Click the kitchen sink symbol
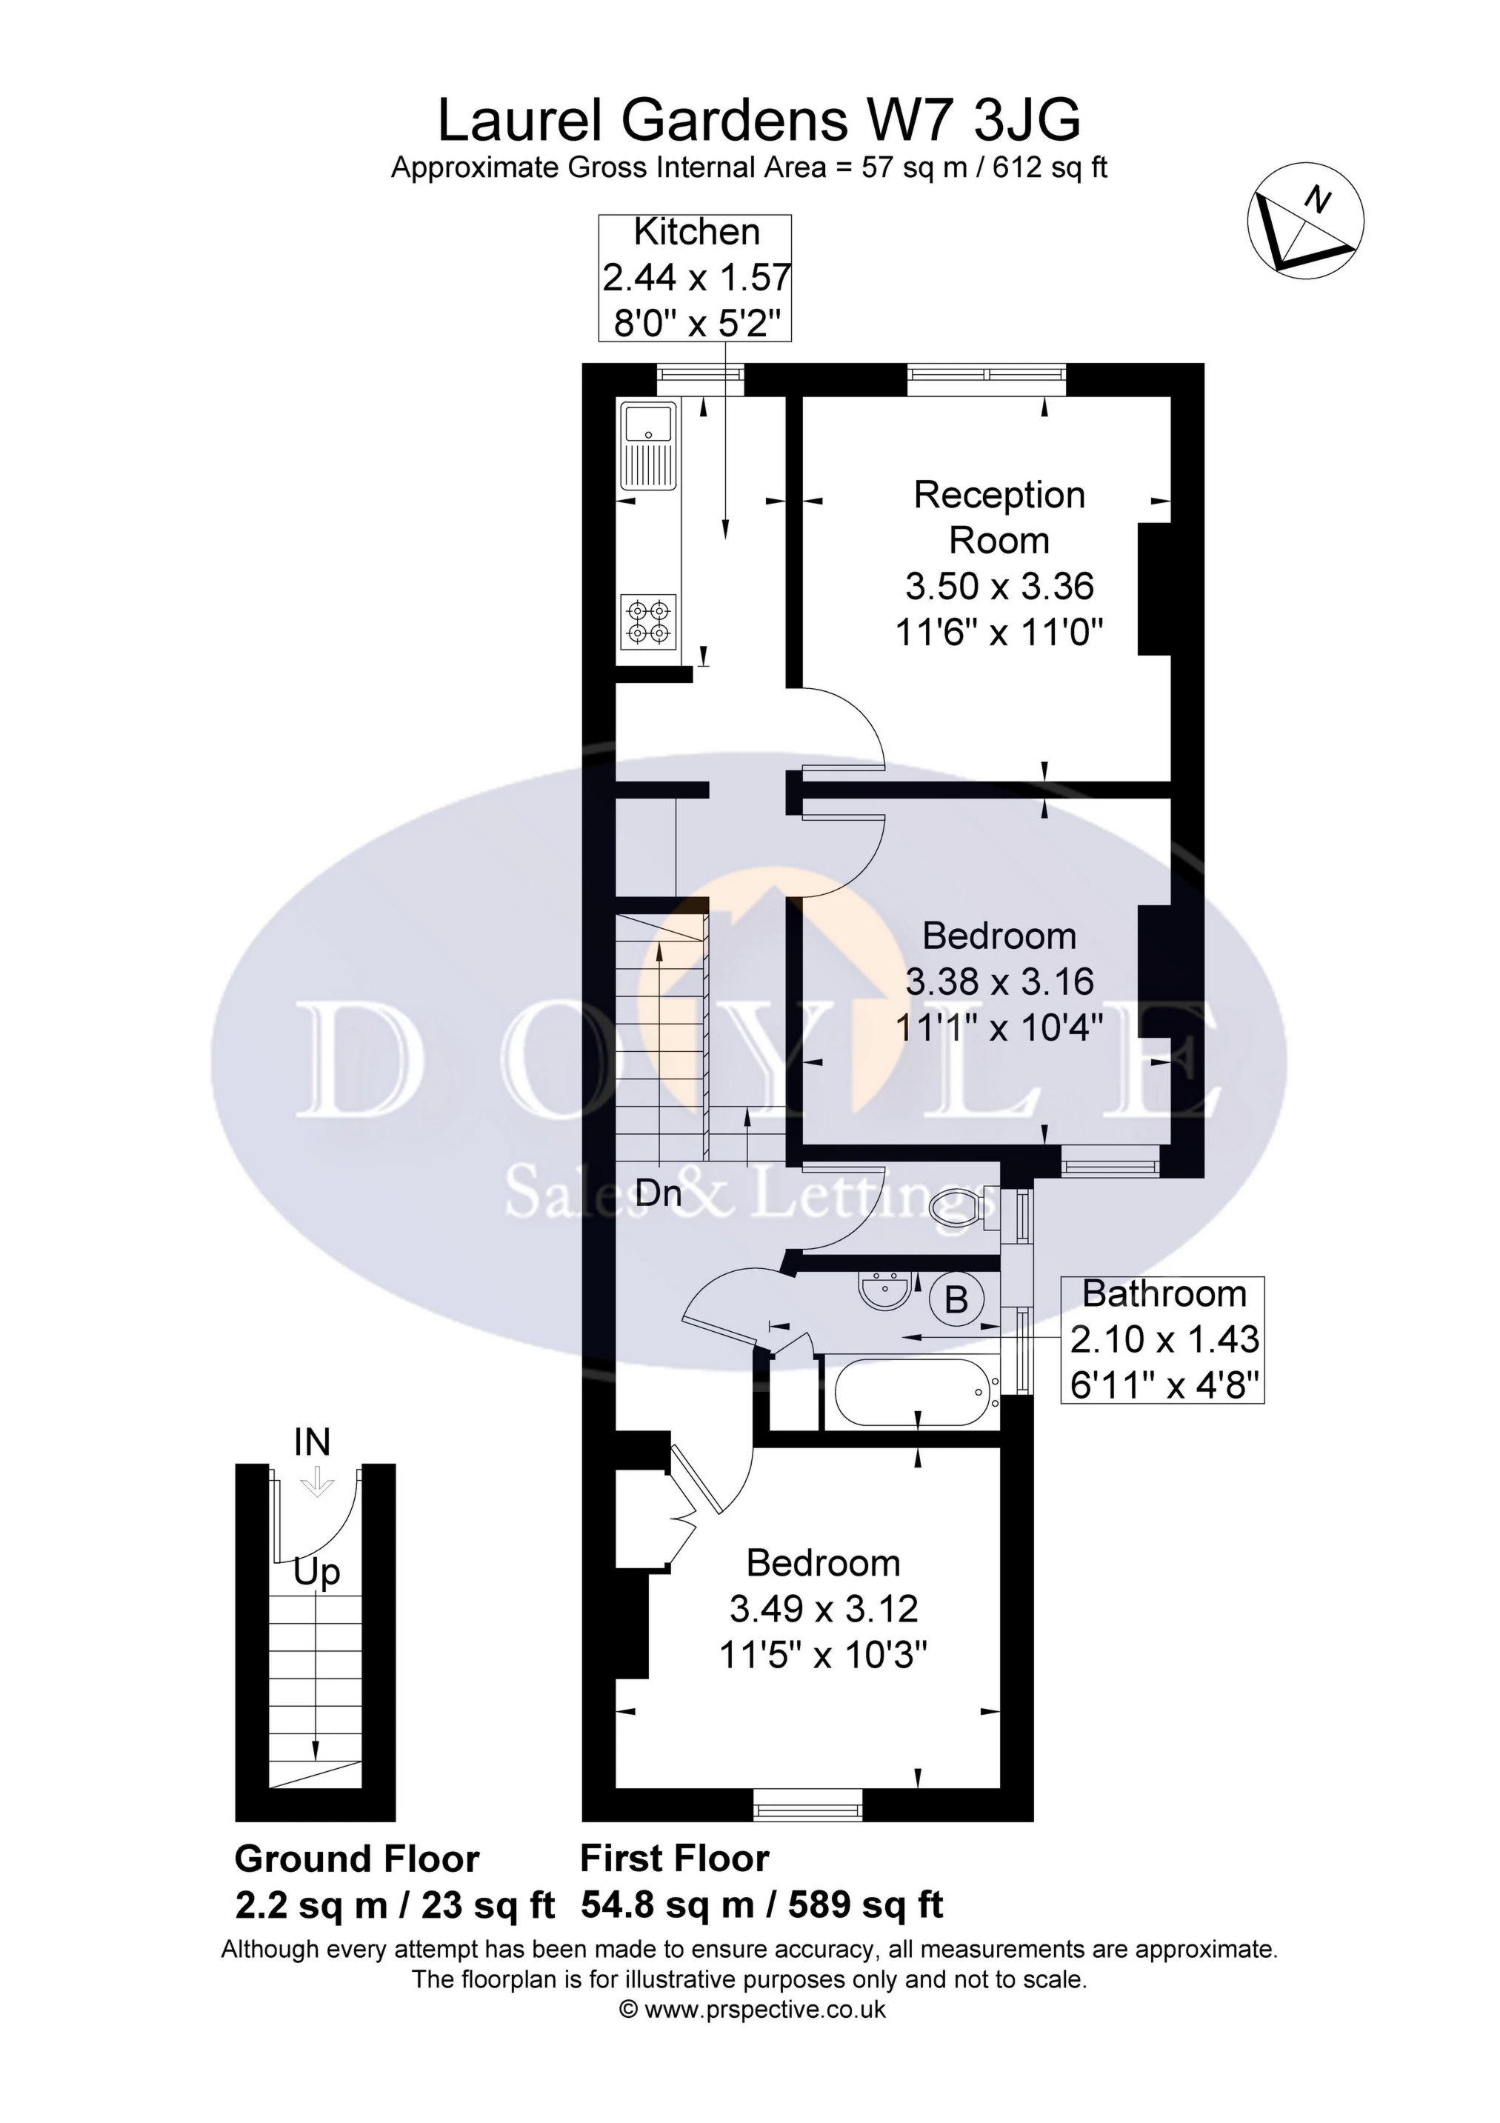click(x=649, y=446)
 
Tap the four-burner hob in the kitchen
click(x=648, y=621)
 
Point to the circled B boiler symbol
click(x=956, y=1301)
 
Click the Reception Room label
click(x=999, y=517)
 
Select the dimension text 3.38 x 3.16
click(x=999, y=982)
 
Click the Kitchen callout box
click(x=696, y=277)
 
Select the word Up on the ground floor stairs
click(x=316, y=1572)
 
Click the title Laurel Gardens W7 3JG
click(x=759, y=120)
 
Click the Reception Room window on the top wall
click(x=987, y=373)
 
